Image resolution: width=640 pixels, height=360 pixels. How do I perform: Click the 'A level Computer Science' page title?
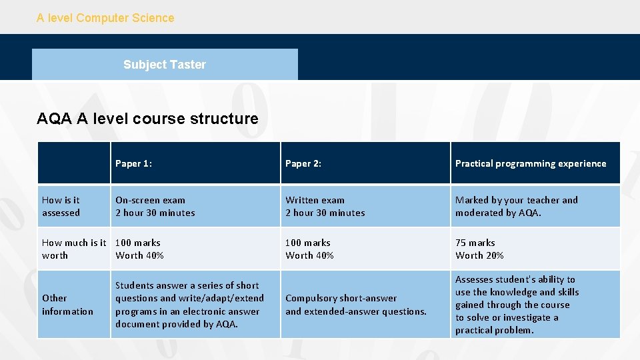click(105, 18)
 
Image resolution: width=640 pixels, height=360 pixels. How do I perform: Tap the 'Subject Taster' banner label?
click(164, 65)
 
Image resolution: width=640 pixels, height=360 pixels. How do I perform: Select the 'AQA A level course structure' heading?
click(147, 119)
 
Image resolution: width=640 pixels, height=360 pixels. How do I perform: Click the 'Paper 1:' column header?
click(133, 163)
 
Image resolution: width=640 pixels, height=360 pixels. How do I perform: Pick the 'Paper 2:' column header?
click(303, 163)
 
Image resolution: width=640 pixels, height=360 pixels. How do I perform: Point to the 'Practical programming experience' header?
click(531, 163)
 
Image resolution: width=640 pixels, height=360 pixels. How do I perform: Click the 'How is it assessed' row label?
click(61, 206)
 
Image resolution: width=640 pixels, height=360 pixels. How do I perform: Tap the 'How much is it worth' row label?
click(74, 249)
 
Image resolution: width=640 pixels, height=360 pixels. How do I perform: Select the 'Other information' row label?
click(67, 305)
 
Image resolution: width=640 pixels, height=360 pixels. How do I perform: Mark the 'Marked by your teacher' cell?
click(517, 206)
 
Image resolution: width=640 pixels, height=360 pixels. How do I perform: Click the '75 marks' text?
click(475, 243)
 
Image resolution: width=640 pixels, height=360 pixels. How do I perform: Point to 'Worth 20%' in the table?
click(479, 255)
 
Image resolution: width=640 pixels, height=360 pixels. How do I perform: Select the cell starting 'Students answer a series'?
click(189, 305)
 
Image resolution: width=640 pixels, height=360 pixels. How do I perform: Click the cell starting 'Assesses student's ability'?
click(517, 305)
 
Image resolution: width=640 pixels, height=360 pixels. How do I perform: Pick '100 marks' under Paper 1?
click(138, 243)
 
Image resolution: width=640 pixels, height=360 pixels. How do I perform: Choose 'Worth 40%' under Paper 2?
click(309, 255)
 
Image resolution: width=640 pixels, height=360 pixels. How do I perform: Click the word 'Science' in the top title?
click(153, 18)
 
